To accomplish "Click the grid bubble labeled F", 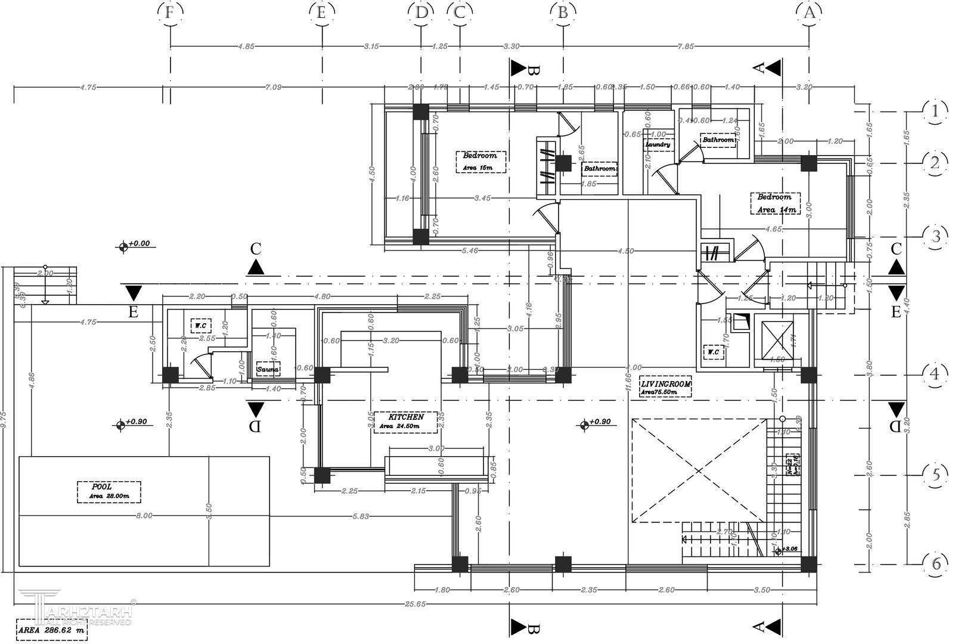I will click(170, 12).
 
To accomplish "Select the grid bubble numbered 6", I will click(935, 563).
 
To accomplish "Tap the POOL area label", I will click(109, 491).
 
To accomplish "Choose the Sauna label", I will click(268, 370).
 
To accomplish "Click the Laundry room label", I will click(658, 144).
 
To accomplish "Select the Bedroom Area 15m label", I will click(480, 162).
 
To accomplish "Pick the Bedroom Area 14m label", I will click(775, 203).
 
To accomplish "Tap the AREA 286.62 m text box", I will click(51, 629).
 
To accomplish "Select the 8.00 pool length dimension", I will click(144, 516).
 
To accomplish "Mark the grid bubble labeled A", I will click(808, 12).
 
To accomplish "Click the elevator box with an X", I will click(774, 340).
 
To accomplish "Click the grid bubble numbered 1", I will click(935, 112).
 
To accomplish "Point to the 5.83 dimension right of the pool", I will click(360, 516).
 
